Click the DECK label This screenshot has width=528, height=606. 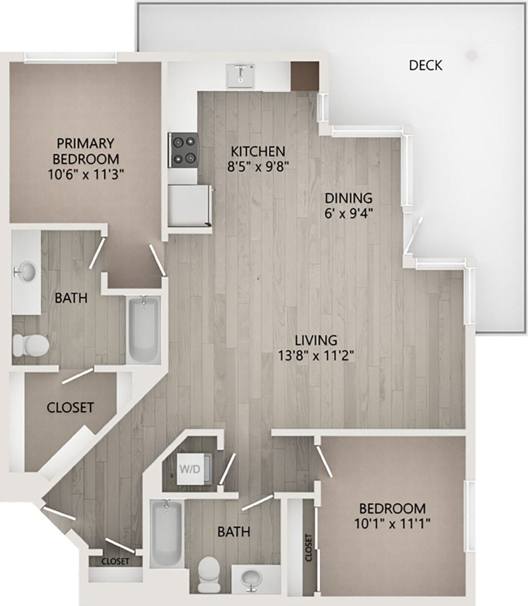point(425,65)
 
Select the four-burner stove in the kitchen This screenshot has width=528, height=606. point(183,149)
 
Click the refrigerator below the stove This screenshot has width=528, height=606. point(189,205)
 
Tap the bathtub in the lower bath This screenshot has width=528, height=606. point(167,532)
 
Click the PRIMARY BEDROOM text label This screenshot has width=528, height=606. point(86,151)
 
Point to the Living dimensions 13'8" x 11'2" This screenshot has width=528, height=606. point(316,355)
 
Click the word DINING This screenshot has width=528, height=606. point(348,198)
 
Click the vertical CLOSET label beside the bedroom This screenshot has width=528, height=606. point(308,548)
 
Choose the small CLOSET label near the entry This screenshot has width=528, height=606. point(115,561)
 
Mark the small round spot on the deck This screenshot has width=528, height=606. point(472,54)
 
